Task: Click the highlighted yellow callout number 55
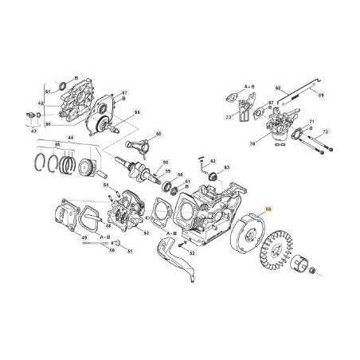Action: (x=268, y=208)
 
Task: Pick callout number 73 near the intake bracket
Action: (x=229, y=117)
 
